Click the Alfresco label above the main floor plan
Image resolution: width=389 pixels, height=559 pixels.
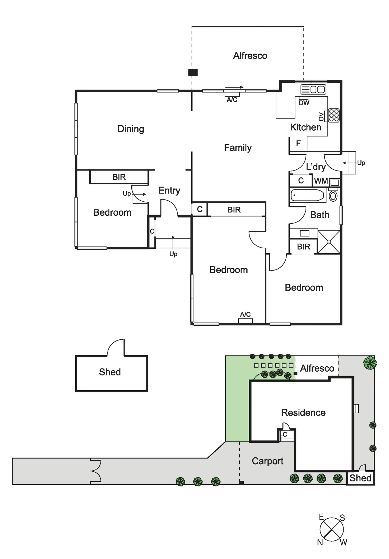(250, 56)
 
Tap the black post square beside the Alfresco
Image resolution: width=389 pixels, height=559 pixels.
(193, 72)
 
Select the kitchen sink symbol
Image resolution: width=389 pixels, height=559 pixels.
(313, 89)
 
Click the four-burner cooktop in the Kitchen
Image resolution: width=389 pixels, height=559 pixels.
(334, 115)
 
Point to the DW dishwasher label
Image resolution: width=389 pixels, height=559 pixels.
(304, 103)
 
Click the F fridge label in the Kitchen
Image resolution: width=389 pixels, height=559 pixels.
(298, 143)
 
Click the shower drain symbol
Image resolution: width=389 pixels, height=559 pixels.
(329, 242)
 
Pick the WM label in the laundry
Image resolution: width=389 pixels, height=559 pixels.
(321, 181)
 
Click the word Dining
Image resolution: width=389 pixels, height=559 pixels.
(131, 129)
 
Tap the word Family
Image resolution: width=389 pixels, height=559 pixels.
(238, 148)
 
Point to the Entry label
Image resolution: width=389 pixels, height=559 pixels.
(169, 190)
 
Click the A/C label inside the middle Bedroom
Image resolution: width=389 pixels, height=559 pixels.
(245, 314)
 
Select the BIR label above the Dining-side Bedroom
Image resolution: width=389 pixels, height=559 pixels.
(119, 177)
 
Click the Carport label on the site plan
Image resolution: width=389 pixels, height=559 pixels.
(267, 461)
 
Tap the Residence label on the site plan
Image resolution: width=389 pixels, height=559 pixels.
(303, 413)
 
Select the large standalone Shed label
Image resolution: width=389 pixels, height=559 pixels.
(110, 372)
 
